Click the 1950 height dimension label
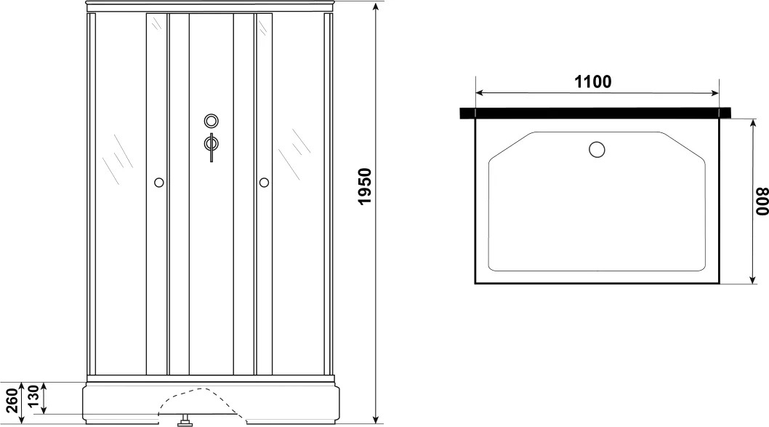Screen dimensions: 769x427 pyautogui.click(x=366, y=186)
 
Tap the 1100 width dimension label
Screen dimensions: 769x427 pyautogui.click(x=593, y=81)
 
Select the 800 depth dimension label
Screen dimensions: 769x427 pyautogui.click(x=762, y=201)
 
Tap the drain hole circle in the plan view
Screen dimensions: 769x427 pyautogui.click(x=597, y=149)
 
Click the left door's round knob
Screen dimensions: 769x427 pyautogui.click(x=159, y=183)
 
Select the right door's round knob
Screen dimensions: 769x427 pyautogui.click(x=264, y=183)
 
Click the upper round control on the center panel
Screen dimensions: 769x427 pyautogui.click(x=212, y=120)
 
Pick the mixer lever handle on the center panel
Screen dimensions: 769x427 pyautogui.click(x=212, y=147)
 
